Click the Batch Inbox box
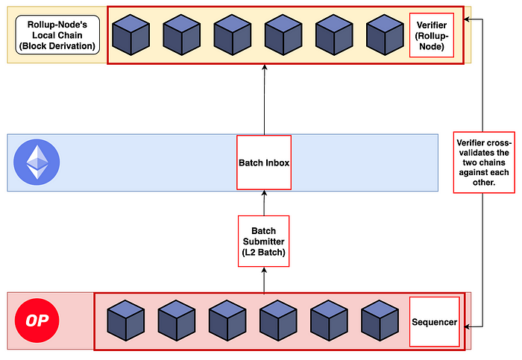(x=263, y=163)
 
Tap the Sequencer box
(x=433, y=321)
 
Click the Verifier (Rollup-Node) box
(x=431, y=35)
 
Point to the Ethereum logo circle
(x=37, y=162)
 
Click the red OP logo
(x=37, y=322)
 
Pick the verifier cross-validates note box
(x=483, y=162)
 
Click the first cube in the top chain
(x=131, y=34)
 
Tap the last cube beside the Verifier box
(x=385, y=34)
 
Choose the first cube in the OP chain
(x=126, y=321)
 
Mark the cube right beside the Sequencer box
(x=380, y=321)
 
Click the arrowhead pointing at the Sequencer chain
(x=468, y=326)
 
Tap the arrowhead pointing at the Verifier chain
(x=468, y=19)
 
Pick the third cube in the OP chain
(x=227, y=321)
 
